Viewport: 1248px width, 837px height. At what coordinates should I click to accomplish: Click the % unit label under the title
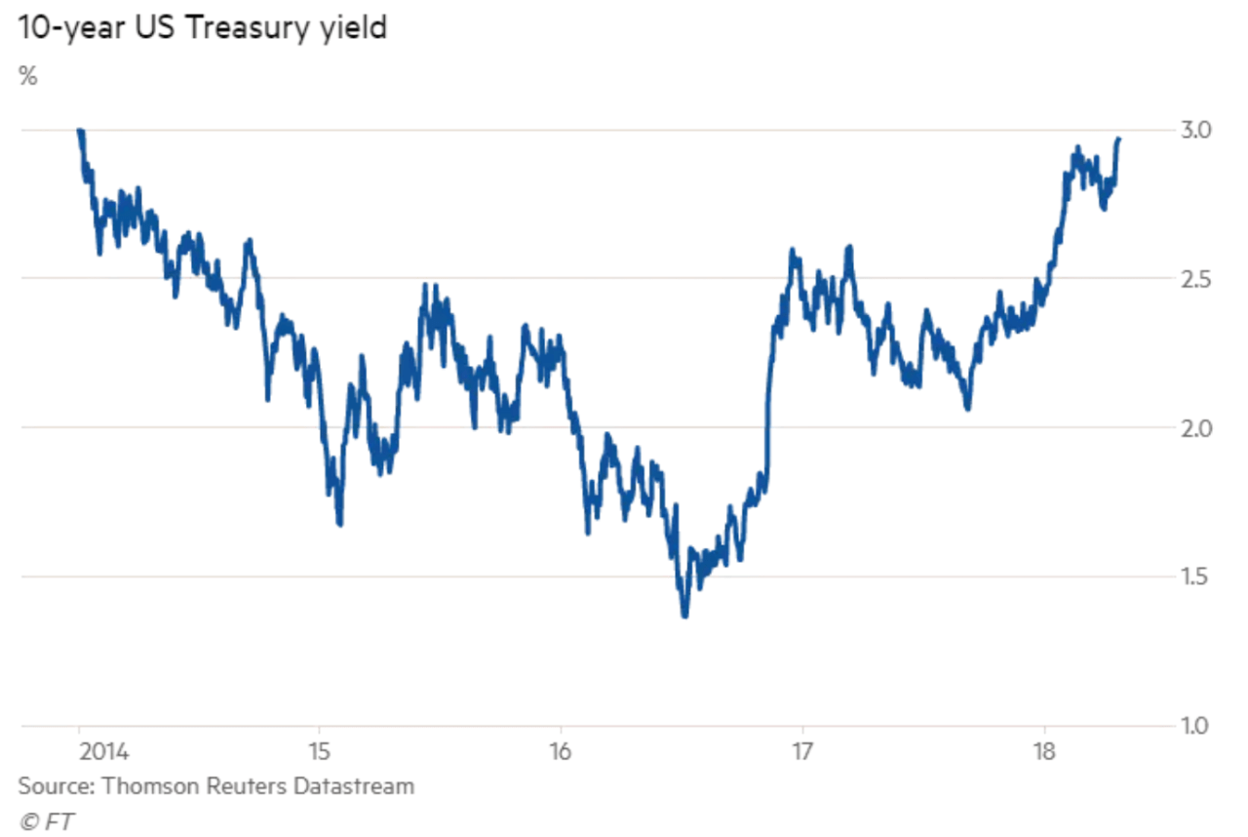pyautogui.click(x=27, y=77)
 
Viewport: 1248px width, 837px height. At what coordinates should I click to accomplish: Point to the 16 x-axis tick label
pyautogui.click(x=561, y=753)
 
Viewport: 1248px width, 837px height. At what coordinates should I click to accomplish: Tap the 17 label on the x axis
pyautogui.click(x=801, y=753)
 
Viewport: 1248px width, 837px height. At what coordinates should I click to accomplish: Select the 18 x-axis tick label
pyautogui.click(x=1044, y=753)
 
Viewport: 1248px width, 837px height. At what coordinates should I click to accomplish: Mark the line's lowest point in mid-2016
pyautogui.click(x=684, y=616)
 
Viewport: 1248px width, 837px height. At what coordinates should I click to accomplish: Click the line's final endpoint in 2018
pyautogui.click(x=1118, y=139)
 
